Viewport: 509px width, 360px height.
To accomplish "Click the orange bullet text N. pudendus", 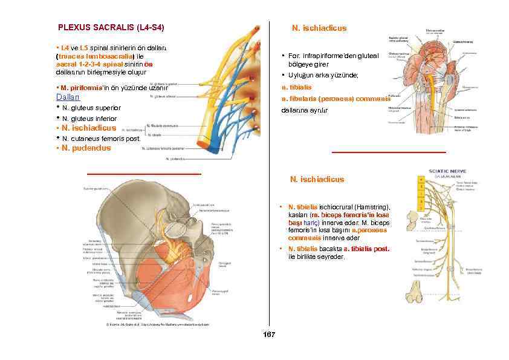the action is pyautogui.click(x=85, y=148).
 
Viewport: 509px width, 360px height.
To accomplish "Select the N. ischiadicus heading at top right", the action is pyautogui.click(x=319, y=28).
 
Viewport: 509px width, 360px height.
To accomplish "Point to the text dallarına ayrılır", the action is pyautogui.click(x=302, y=111).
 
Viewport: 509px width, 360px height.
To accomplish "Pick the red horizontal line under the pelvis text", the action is pyautogui.click(x=144, y=174).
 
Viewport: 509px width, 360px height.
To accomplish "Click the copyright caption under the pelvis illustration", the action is pyautogui.click(x=159, y=325).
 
